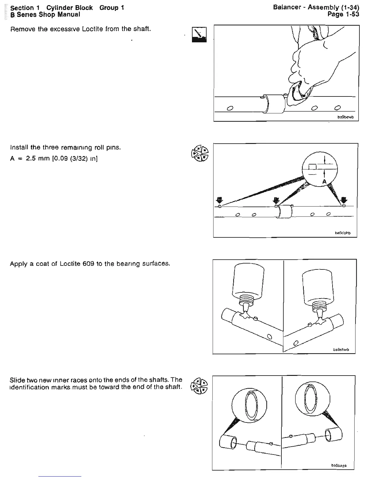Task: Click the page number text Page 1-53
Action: click(343, 14)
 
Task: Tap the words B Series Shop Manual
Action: click(45, 15)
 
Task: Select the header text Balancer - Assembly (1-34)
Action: click(316, 7)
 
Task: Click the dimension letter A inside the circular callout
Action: click(324, 181)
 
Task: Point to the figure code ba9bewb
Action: click(345, 117)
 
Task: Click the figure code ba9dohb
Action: click(343, 233)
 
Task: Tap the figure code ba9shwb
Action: click(341, 349)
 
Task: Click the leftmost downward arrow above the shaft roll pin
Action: click(220, 200)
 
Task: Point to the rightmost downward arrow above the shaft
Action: click(344, 200)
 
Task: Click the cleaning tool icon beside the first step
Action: click(199, 34)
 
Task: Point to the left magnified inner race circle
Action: click(249, 406)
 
